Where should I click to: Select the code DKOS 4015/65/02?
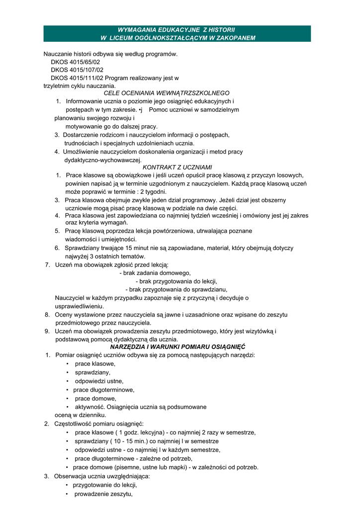75,62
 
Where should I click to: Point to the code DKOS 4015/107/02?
77,70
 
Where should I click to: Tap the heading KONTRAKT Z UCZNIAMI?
170,168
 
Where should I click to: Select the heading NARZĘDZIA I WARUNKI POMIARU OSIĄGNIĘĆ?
178,346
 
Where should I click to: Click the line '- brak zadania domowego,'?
155,273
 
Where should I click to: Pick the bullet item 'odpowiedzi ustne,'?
99,381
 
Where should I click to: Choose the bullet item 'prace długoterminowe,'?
104,390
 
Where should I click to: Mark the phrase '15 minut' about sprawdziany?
128,248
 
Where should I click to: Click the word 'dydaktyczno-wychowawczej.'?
103,160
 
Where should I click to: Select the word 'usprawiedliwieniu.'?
80,306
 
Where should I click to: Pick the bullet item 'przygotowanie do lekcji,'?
105,485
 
